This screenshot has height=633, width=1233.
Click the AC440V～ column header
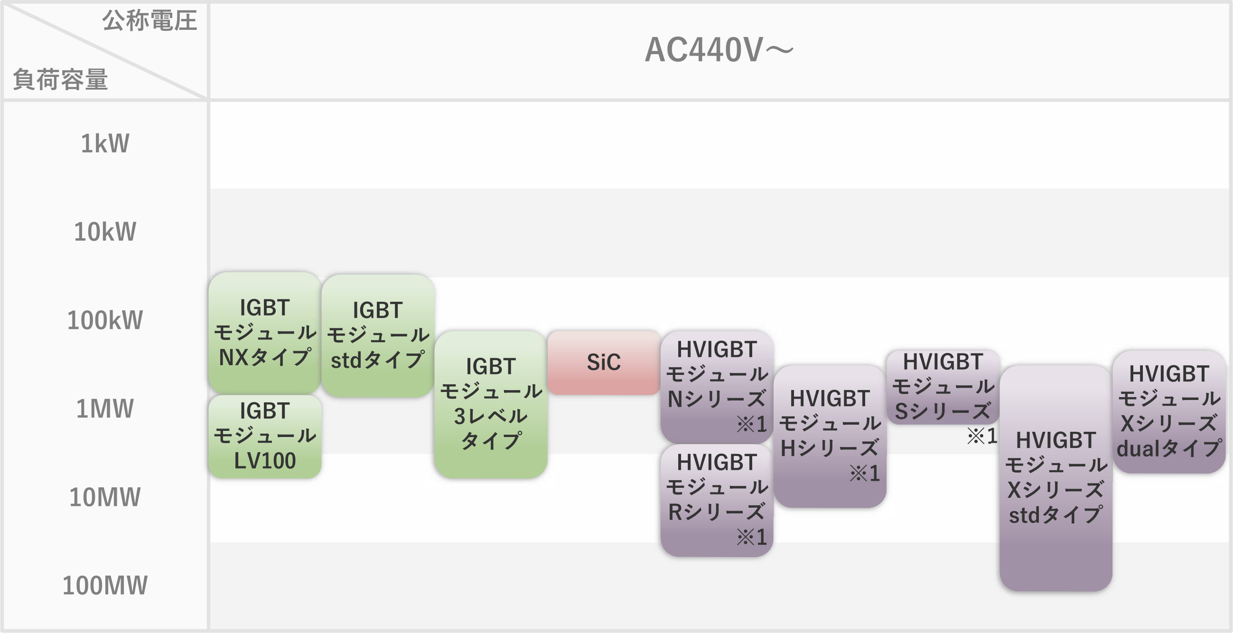point(719,50)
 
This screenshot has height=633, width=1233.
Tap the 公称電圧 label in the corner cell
point(149,21)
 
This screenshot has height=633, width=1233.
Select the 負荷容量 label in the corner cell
point(60,79)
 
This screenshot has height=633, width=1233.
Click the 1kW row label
point(105,143)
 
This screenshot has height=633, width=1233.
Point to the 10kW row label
point(105,232)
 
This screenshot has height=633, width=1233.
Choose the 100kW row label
point(105,321)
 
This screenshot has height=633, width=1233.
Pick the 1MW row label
point(105,409)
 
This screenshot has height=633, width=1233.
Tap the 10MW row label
point(105,497)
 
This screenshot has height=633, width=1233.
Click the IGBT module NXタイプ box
point(265,333)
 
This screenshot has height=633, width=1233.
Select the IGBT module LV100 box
point(265,436)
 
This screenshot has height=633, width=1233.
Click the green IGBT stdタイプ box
point(378,335)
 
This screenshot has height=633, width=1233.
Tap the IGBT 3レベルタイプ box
point(491,404)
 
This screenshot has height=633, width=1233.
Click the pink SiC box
point(604,363)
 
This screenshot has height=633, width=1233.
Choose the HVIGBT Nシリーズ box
point(717,386)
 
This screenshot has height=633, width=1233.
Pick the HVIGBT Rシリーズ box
point(717,500)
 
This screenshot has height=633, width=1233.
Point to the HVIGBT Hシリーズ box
point(830,436)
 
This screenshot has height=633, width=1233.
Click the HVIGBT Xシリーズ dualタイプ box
point(1169,411)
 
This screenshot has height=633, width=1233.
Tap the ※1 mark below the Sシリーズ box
point(982,436)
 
